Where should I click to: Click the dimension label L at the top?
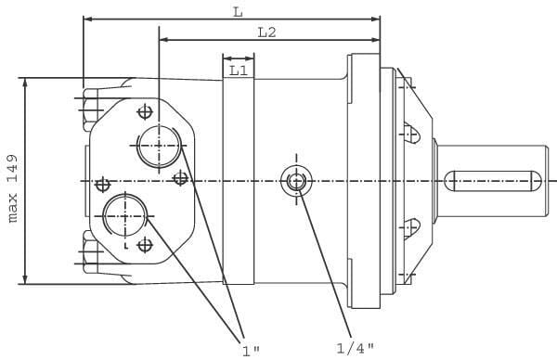click(238, 12)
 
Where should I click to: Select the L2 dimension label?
click(266, 32)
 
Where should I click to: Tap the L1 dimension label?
click(238, 71)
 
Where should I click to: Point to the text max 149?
click(13, 188)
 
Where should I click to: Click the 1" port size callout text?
click(251, 351)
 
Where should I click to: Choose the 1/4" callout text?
click(355, 348)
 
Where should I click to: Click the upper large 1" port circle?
click(159, 146)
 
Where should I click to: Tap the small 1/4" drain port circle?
click(297, 182)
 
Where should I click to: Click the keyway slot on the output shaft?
click(493, 181)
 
